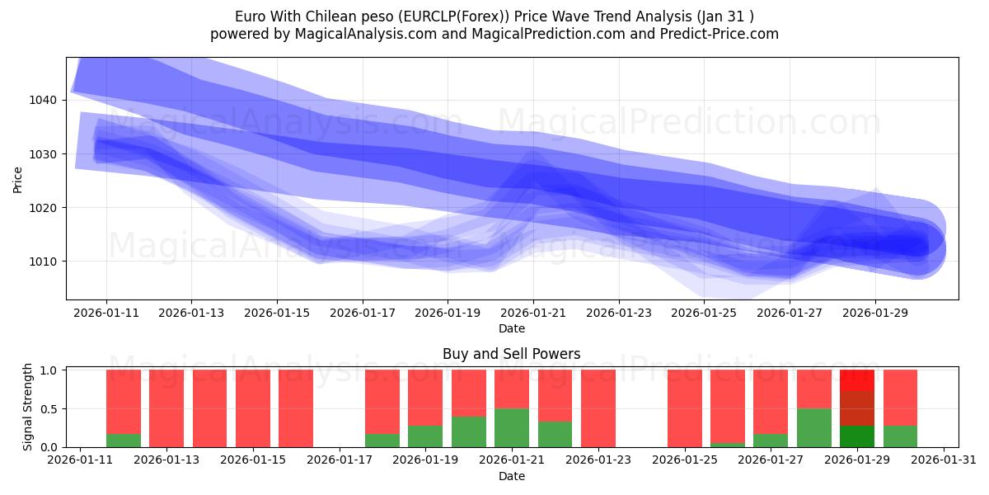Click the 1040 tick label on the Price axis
pos(45,100)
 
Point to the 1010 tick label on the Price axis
pos(45,262)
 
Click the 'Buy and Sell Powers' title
pos(511,354)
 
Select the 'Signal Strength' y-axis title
pos(28,407)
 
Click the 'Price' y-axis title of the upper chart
pos(18,179)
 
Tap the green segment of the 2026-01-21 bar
pos(512,427)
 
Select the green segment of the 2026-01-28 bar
pos(813,427)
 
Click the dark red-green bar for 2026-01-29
pos(857,408)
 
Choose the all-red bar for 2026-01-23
pos(598,408)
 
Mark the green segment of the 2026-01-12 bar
pos(124,441)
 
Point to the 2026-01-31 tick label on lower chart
pos(943,460)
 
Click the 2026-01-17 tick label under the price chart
pos(362,313)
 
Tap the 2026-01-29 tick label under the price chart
pos(875,313)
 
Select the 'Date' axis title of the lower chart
pos(511,476)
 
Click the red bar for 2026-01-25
pos(684,408)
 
